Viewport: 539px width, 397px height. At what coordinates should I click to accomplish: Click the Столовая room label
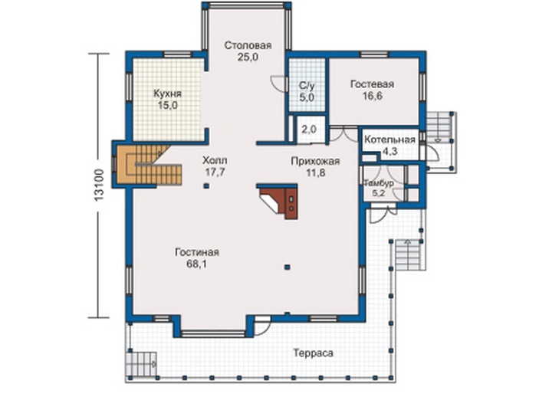tap(248, 45)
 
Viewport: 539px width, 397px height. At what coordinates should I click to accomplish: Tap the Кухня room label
tap(167, 94)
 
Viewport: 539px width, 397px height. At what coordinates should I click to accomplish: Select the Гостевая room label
tap(373, 84)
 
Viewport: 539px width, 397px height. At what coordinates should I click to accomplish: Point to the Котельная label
tap(389, 140)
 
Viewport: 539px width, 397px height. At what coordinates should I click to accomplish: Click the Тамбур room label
tap(380, 183)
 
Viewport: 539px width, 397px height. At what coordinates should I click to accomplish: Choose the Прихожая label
tap(315, 161)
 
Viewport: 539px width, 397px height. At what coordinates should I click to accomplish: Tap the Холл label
tap(215, 160)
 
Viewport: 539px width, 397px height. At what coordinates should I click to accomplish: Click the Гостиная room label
tap(197, 252)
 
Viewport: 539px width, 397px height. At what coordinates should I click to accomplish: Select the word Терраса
tap(313, 353)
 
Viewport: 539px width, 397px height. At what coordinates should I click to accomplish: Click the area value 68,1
tap(197, 264)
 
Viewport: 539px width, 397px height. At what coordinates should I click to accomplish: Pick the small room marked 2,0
tap(311, 130)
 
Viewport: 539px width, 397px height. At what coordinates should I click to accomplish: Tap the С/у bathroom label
tap(307, 86)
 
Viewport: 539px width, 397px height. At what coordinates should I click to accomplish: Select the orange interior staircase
tap(148, 164)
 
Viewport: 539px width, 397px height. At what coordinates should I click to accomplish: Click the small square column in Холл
tap(206, 186)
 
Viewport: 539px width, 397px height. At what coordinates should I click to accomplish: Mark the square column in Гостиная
tap(288, 267)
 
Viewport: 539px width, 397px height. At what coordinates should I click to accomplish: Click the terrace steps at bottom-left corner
tap(141, 363)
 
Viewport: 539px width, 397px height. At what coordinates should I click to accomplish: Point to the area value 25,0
tap(248, 57)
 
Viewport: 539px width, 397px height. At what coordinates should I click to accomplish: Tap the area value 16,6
tap(373, 97)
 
